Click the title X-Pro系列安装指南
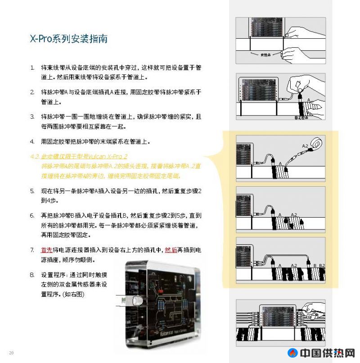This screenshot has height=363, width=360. click(68, 39)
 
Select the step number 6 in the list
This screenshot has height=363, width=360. click(32, 215)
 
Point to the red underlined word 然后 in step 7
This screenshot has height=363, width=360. click(171, 250)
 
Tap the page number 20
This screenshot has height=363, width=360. click(11, 352)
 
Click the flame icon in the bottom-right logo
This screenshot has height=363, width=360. click(280, 354)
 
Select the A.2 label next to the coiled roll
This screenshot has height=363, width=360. click(305, 147)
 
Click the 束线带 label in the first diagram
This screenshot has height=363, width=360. click(260, 56)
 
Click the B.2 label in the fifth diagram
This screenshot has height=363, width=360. click(321, 266)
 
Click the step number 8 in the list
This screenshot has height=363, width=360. click(32, 274)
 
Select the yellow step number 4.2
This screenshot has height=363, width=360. click(34, 157)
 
